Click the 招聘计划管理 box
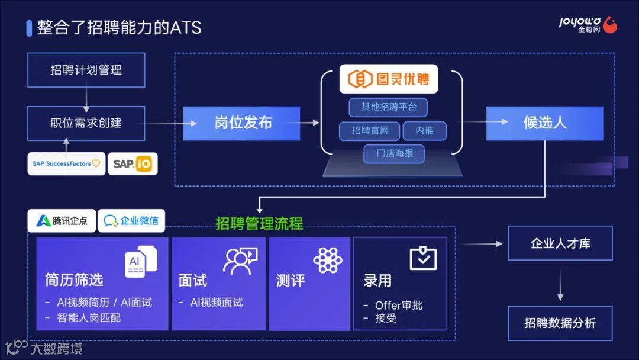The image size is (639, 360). point(86,70)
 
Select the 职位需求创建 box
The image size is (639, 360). point(86,123)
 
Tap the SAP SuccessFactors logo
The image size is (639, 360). point(66,164)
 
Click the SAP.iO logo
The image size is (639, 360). point(133,164)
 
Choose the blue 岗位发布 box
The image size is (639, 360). point(241,123)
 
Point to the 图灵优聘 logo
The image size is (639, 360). point(389,79)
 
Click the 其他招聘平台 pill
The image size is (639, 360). point(388,107)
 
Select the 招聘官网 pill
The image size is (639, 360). point(370,131)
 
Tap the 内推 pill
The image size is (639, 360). point(424,131)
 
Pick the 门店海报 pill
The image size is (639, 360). point(394,154)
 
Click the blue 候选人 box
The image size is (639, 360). point(544,123)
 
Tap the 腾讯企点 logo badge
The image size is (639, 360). point(62,221)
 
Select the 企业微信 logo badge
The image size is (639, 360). point(131,221)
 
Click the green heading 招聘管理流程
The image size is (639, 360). point(259,224)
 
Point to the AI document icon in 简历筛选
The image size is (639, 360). point(140,261)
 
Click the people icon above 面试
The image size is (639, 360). point(240,261)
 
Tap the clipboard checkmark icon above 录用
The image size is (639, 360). point(423,258)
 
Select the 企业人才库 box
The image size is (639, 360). point(560,243)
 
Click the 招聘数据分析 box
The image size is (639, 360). point(560,323)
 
